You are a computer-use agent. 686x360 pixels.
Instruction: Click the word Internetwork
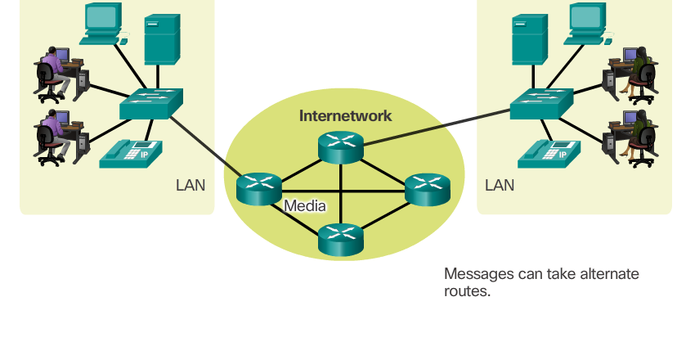tap(345, 115)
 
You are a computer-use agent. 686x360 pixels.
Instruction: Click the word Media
tap(305, 205)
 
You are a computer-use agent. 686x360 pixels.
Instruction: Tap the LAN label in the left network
tap(191, 185)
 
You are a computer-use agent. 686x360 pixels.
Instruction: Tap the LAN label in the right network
tap(500, 185)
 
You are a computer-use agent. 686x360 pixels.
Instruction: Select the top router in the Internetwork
tap(340, 145)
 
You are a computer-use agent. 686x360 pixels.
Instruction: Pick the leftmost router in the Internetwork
tap(258, 189)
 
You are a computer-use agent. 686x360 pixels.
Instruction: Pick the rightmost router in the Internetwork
tap(428, 189)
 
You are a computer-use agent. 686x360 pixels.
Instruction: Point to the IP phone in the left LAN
tap(131, 153)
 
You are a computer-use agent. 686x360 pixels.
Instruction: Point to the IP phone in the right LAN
tap(549, 153)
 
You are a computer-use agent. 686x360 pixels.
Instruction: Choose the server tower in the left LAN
tap(162, 40)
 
